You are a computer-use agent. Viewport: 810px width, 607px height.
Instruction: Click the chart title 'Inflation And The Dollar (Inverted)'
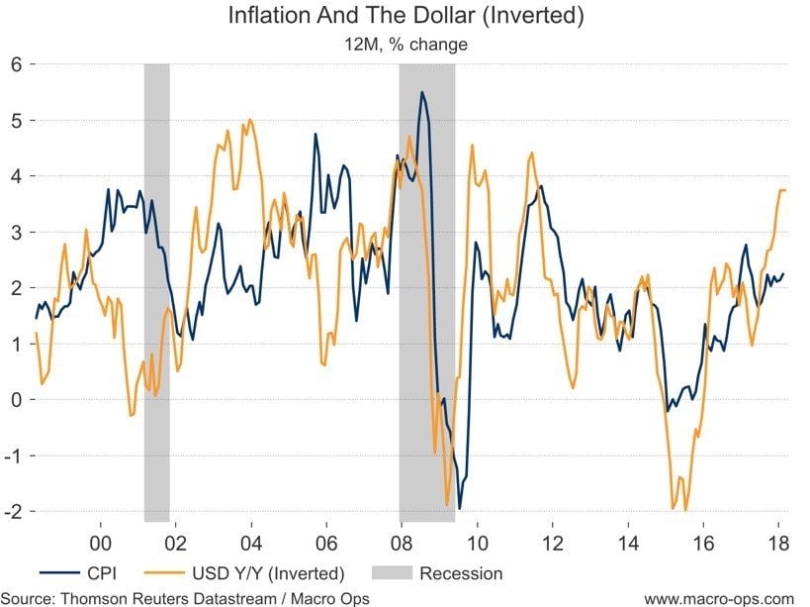(x=405, y=17)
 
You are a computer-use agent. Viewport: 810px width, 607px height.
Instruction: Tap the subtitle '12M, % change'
(x=405, y=44)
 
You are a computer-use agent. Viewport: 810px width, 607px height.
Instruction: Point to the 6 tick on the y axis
(x=17, y=64)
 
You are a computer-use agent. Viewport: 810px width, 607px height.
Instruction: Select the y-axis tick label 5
(x=17, y=120)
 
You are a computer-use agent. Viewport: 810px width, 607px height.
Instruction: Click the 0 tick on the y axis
(x=17, y=399)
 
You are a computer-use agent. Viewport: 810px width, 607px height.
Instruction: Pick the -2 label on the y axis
(x=13, y=511)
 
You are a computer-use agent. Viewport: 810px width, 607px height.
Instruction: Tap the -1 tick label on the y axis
(x=13, y=455)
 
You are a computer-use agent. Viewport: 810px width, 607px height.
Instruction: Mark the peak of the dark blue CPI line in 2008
(x=422, y=92)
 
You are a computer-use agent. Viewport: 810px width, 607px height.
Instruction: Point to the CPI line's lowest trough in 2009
(x=460, y=508)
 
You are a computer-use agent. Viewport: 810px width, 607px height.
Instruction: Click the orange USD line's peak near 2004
(x=249, y=120)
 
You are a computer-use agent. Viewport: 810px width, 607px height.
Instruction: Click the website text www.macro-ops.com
(x=718, y=597)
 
